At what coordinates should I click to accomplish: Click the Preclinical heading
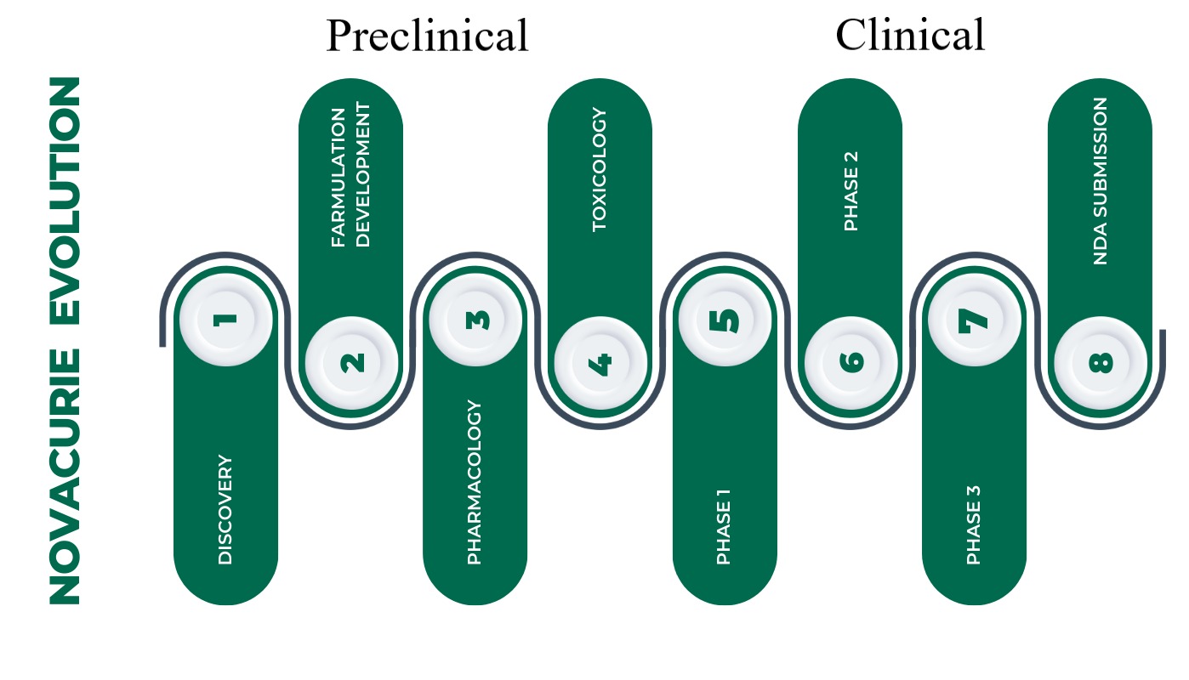(x=427, y=37)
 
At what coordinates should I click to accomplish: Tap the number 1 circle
(x=225, y=320)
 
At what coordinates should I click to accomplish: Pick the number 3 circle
(x=475, y=320)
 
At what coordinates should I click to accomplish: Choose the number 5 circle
(x=725, y=320)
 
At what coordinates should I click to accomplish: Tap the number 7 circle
(x=974, y=320)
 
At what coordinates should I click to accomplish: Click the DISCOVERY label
(x=225, y=510)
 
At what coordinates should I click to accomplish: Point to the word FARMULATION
(x=339, y=177)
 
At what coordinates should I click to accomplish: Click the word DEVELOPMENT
(x=363, y=174)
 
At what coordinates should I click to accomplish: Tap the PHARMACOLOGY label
(x=475, y=483)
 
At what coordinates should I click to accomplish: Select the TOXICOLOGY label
(x=600, y=169)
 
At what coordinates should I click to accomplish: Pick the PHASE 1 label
(x=724, y=527)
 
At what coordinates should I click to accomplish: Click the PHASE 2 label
(x=851, y=191)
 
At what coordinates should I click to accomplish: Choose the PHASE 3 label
(x=974, y=524)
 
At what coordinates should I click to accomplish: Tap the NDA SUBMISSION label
(x=1101, y=181)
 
